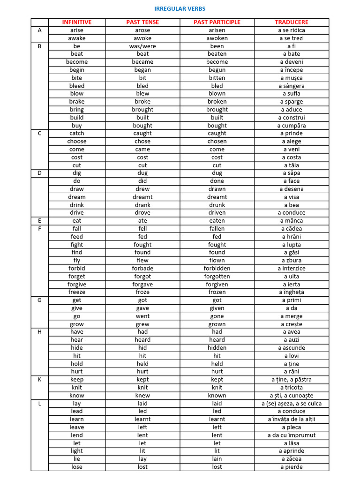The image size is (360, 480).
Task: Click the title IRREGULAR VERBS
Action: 180,8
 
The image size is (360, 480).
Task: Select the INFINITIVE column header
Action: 77,22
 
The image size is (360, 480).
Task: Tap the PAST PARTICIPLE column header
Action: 217,22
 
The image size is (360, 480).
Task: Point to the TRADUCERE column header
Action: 292,22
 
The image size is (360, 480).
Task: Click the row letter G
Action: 39,300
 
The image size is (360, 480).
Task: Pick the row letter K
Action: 39,379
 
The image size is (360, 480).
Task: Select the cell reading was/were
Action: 142,46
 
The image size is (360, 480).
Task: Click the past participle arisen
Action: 217,30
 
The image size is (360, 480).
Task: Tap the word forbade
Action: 142,268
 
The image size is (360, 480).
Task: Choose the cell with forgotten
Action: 217,276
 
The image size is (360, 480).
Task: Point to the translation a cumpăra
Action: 292,126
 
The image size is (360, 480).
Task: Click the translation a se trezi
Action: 292,38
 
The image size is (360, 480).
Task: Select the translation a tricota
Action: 292,387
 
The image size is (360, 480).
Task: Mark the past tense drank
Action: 142,205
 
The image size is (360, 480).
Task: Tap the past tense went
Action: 142,316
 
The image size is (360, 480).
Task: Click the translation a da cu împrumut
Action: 292,435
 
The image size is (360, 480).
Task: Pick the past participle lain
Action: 217,458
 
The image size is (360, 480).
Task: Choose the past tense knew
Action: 142,395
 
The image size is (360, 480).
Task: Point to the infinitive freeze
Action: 77,292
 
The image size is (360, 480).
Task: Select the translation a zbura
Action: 292,260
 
